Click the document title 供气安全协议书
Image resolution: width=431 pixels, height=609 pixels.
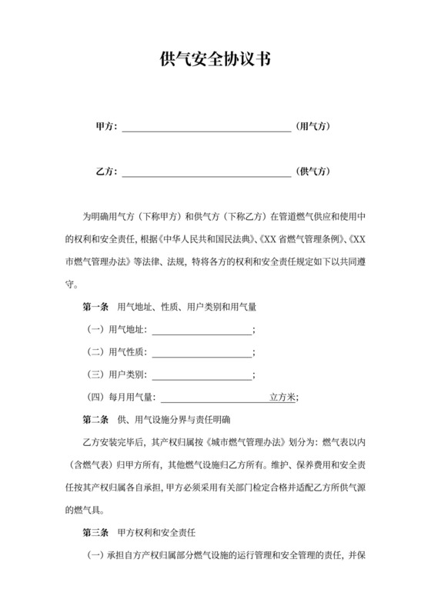pos(215,58)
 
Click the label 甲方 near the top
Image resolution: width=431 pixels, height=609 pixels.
pos(106,126)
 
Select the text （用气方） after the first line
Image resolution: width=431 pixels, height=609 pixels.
pos(313,126)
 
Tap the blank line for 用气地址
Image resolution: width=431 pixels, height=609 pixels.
pos(202,332)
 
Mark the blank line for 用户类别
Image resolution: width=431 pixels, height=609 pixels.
pos(202,378)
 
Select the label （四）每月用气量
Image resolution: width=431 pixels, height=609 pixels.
pos(122,398)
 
